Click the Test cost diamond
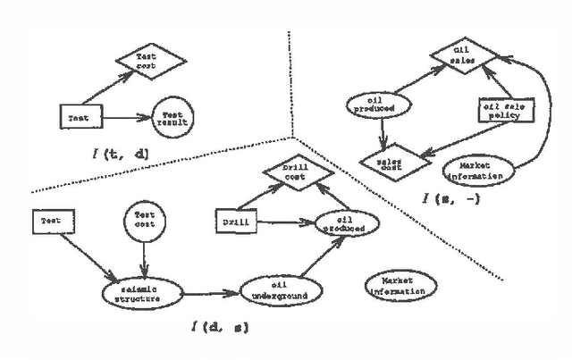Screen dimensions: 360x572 coord(147,63)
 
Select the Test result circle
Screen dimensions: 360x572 coord(173,116)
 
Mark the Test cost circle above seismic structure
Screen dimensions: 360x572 coord(145,220)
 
